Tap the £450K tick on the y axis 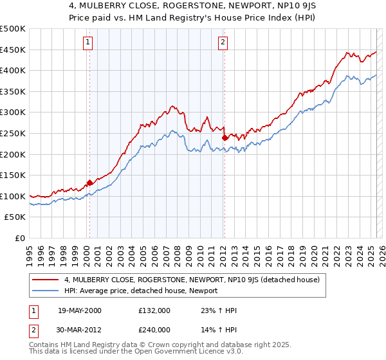(14, 50)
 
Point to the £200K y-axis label (14, 154)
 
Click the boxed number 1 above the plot (87, 43)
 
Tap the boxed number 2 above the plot (223, 43)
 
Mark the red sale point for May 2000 (89, 183)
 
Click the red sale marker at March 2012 (225, 138)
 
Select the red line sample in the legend (46, 280)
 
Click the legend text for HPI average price (140, 291)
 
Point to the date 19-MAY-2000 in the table (80, 310)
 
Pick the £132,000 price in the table (154, 310)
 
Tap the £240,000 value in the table (154, 329)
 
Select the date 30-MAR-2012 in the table (80, 329)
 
